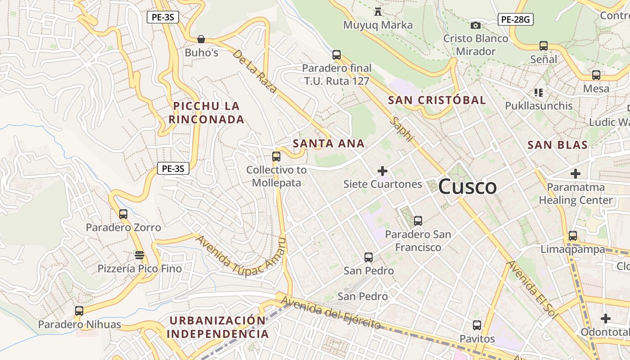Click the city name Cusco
(467, 187)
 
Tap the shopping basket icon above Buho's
(201, 40)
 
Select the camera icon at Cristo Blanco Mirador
(475, 26)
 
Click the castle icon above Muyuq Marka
(378, 12)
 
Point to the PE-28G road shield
(515, 19)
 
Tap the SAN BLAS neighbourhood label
(558, 145)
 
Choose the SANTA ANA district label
(328, 144)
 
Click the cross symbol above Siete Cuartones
(382, 171)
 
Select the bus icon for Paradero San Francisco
(418, 221)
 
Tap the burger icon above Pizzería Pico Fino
(139, 255)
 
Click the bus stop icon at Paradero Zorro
(123, 214)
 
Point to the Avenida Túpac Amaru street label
(241, 255)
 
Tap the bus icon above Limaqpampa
(573, 236)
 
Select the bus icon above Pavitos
(477, 325)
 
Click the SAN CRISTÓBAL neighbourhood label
(437, 100)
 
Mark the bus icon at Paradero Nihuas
(79, 310)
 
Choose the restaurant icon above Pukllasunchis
(538, 93)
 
